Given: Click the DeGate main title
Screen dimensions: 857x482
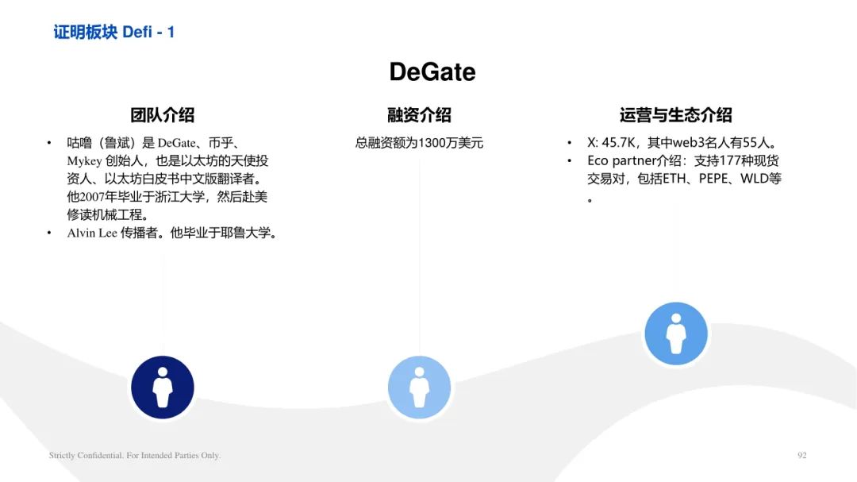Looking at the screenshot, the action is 432,71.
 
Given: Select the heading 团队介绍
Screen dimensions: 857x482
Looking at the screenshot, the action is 163,115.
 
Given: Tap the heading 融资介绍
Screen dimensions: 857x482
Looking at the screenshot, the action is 419,115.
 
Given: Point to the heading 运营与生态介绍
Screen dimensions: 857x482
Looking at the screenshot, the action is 675,115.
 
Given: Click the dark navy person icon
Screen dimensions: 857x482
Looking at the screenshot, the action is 163,388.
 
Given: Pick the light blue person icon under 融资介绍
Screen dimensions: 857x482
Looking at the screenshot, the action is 419,388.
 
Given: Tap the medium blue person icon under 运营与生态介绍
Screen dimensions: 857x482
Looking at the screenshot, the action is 676,334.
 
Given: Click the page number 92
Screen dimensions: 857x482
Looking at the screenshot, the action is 801,455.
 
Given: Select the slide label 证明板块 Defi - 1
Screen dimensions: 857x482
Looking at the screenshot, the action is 113,33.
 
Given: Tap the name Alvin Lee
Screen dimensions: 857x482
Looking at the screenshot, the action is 92,233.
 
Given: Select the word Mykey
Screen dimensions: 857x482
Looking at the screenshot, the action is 84,161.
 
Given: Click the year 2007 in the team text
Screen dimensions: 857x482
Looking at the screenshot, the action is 92,197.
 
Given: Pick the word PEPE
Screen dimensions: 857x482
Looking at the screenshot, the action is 713,179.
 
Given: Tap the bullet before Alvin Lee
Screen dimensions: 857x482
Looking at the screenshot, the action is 49,233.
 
